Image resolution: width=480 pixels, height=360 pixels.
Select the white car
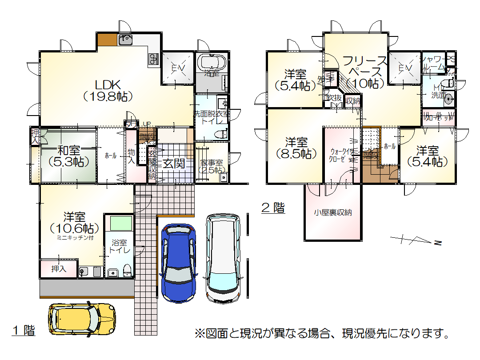223,258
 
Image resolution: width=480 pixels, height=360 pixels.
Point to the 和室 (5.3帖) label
68,156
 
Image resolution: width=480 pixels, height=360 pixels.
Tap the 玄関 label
173,164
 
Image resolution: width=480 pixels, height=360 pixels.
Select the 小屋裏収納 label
333,212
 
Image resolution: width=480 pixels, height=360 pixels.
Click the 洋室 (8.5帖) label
296,148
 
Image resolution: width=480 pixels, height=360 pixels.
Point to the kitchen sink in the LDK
126,40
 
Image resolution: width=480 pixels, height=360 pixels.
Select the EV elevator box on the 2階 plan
404,68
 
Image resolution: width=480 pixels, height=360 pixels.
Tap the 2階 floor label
272,208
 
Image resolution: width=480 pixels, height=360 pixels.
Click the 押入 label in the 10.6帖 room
58,269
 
